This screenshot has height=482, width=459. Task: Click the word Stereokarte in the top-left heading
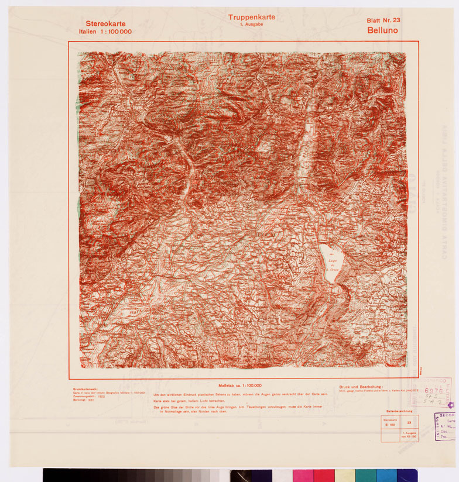[x=105, y=23]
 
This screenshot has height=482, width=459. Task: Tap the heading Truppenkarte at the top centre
[x=251, y=17]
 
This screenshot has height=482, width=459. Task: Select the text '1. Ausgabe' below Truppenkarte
[x=251, y=25]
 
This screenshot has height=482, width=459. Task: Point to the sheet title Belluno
[x=383, y=30]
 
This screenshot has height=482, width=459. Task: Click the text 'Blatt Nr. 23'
[x=383, y=20]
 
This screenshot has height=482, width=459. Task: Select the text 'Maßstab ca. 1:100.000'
[x=239, y=386]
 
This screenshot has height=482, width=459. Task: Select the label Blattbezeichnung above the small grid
[x=399, y=412]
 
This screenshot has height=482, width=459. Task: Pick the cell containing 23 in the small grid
[x=409, y=421]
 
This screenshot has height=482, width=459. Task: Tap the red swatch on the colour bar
[x=324, y=475]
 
